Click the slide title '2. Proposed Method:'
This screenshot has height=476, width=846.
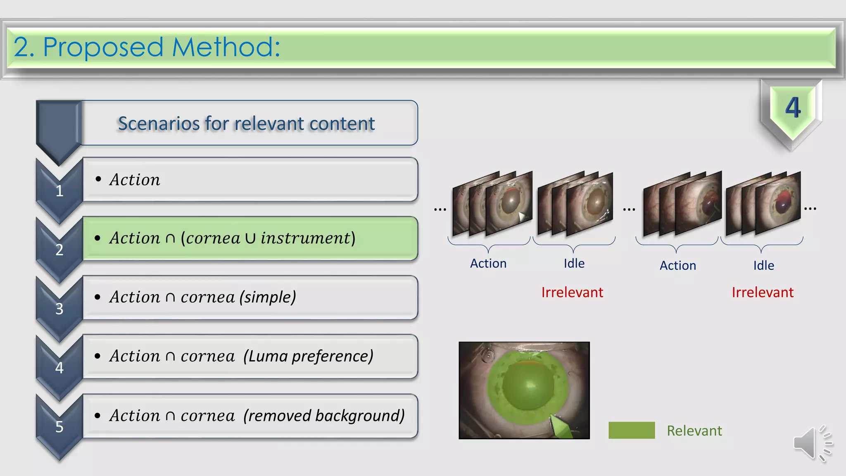pos(147,47)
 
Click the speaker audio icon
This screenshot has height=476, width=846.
pos(811,443)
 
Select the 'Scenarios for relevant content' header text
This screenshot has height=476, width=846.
pos(246,124)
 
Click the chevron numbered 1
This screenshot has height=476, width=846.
pos(59,191)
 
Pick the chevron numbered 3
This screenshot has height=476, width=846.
pos(59,309)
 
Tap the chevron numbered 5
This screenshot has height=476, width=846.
pos(59,426)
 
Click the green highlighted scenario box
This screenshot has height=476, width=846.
pos(250,238)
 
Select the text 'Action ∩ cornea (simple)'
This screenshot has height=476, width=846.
pos(202,297)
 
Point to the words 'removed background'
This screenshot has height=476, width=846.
pos(324,416)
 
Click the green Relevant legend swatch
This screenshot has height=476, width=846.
pos(631,430)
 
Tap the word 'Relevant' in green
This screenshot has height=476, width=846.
pos(694,431)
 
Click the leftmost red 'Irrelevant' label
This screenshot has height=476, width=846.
pos(572,293)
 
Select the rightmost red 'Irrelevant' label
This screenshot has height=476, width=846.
pos(763,293)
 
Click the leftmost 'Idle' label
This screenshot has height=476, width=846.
pos(574,264)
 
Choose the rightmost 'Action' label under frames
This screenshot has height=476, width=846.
pos(678,265)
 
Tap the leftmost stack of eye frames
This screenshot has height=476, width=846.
pos(492,203)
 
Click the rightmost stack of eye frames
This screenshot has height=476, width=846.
pos(763,203)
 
